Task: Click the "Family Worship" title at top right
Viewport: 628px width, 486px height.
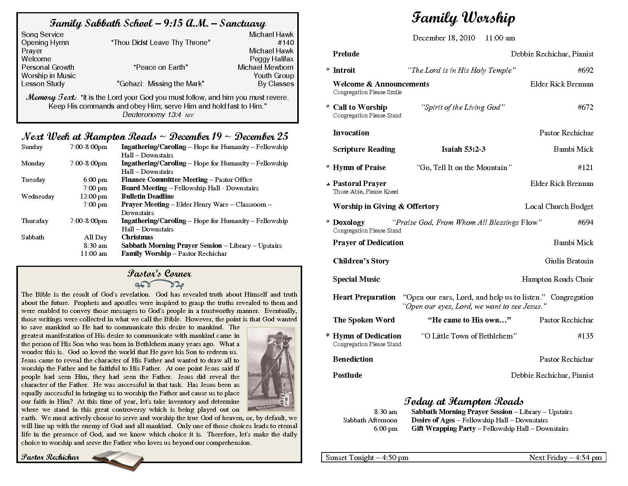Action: [463, 18]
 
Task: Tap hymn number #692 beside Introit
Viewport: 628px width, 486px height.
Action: [585, 70]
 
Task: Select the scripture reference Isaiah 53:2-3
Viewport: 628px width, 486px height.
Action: [463, 149]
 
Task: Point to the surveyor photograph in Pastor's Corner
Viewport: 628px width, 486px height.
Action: [271, 369]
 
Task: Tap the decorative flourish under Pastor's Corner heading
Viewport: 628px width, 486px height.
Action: [159, 284]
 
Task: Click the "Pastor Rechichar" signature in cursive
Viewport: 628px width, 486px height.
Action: [50, 457]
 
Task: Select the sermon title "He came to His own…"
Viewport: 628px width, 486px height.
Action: [469, 320]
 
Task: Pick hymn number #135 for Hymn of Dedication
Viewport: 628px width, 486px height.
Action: [585, 336]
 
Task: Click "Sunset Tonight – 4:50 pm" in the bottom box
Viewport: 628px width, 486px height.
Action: [367, 457]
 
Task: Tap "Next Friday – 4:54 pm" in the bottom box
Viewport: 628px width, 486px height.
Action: [565, 457]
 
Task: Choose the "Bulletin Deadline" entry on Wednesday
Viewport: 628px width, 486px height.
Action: [148, 196]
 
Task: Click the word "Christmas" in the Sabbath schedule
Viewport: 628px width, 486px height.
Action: [137, 237]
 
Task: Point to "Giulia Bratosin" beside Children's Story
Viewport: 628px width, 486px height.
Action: [569, 261]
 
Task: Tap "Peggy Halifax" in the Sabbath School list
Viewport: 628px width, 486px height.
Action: [271, 59]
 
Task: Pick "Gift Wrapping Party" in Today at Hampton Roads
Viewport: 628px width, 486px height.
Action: [443, 428]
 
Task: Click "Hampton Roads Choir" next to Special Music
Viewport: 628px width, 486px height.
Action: [557, 279]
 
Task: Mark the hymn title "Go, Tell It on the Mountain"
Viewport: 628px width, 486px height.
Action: [464, 167]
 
